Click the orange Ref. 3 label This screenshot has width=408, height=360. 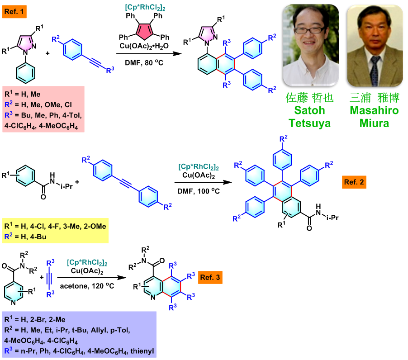210,277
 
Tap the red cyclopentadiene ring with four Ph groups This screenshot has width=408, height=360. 146,29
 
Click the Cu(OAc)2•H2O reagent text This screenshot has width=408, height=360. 146,47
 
